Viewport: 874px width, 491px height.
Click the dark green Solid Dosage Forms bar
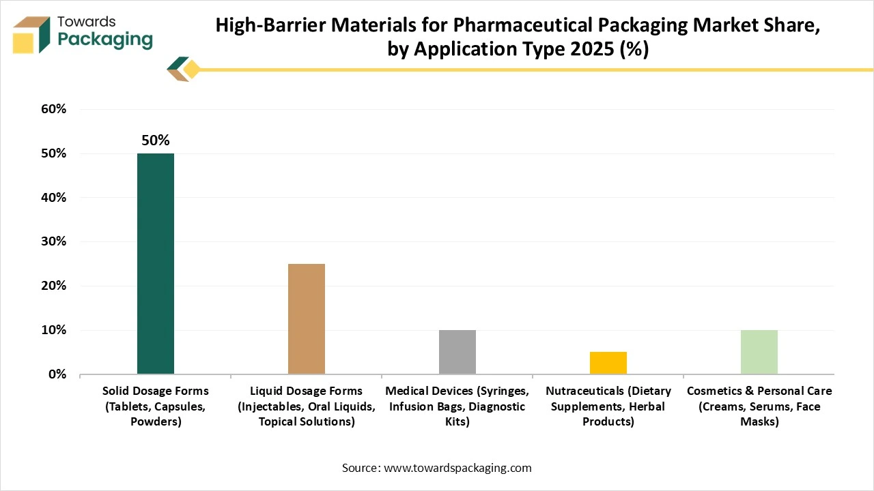156,264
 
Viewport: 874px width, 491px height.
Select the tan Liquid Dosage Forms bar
307,319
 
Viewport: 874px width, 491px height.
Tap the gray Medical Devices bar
457,352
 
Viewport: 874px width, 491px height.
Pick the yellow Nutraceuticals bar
608,363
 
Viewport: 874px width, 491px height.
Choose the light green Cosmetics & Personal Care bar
759,352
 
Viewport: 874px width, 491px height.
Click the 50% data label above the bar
156,140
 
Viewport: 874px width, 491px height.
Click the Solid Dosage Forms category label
156,406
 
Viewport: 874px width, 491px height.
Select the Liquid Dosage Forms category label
307,406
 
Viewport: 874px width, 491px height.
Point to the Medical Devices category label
457,406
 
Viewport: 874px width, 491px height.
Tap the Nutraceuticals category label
608,406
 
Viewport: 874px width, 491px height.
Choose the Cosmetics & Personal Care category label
759,406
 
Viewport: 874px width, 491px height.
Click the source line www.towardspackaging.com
437,468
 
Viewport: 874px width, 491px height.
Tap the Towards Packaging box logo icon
31,34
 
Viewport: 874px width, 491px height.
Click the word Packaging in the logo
105,40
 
